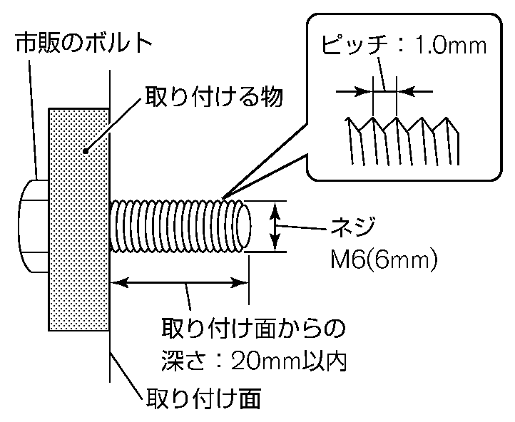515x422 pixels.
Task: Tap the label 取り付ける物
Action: point(214,96)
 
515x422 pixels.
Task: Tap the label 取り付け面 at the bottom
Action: point(203,397)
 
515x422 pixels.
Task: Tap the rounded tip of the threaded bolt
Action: point(244,227)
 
